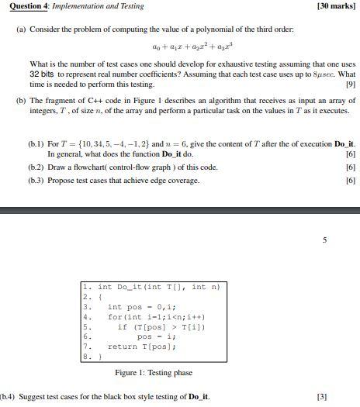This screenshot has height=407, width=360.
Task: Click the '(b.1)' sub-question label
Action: tap(36, 145)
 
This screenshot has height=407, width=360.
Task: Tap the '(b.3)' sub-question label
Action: tap(36, 181)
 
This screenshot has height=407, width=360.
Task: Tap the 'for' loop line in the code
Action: tap(146, 317)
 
